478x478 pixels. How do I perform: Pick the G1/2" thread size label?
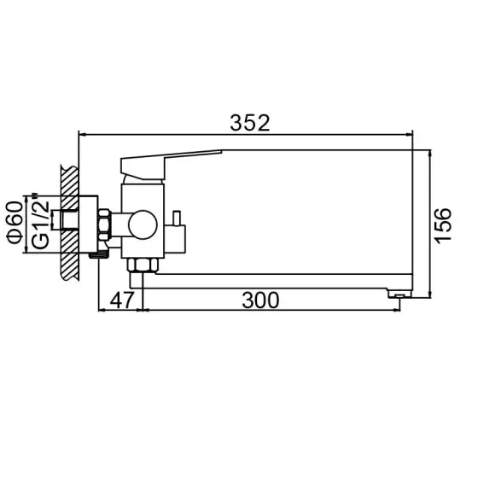click(38, 224)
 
